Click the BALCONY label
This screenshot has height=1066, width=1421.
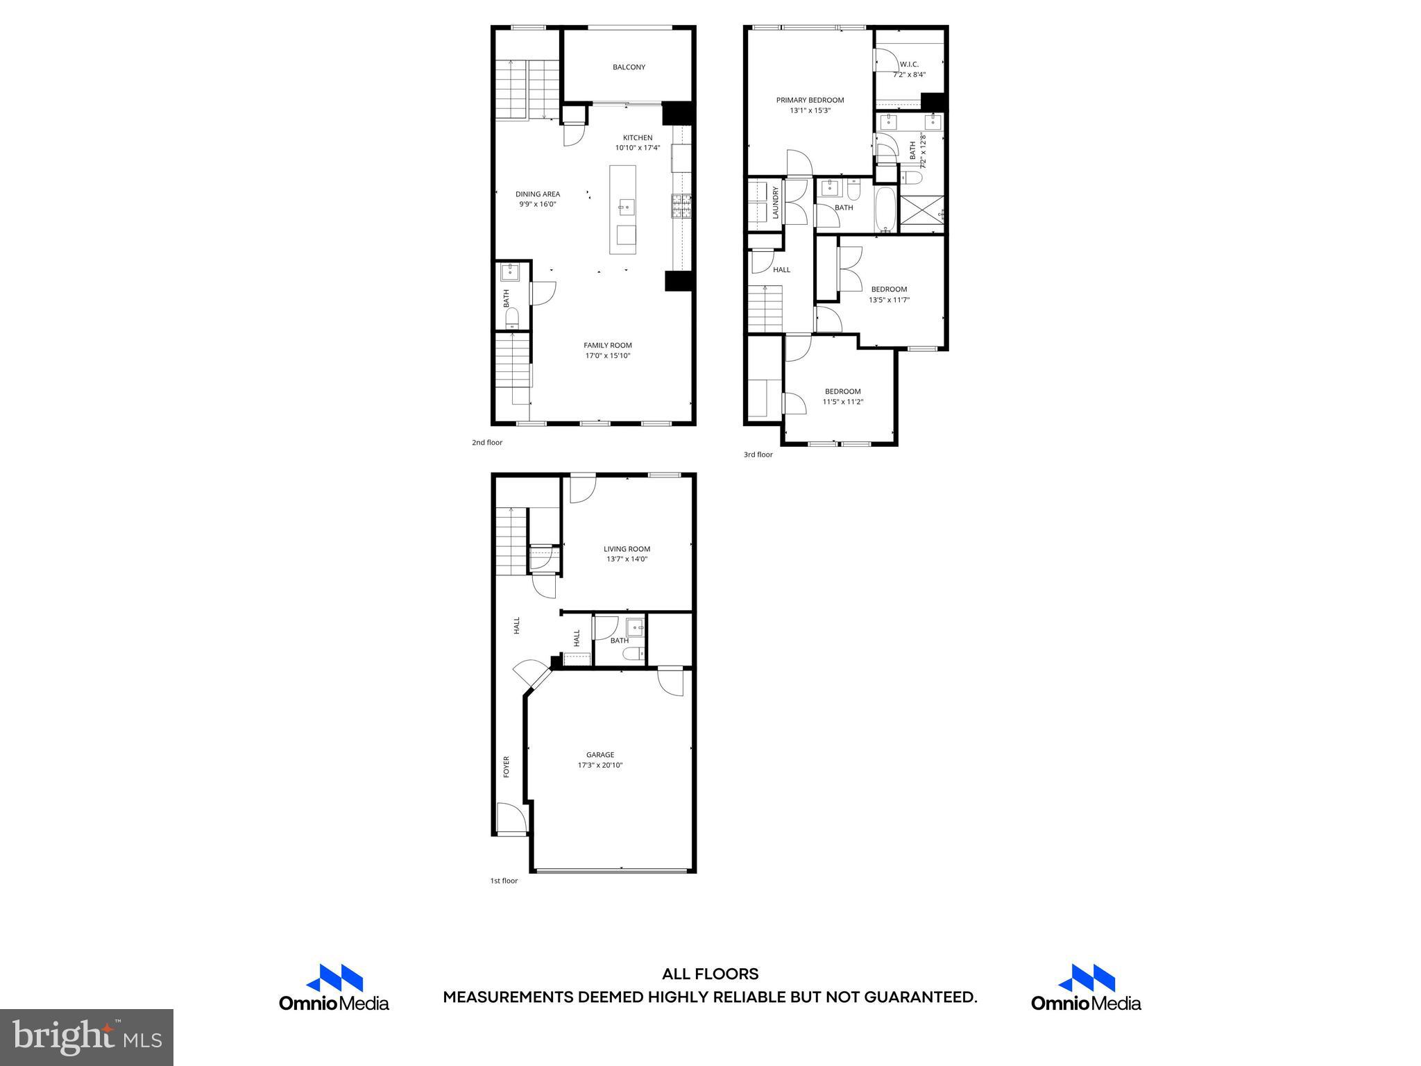(629, 67)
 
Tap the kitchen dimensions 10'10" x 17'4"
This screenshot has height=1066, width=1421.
(637, 148)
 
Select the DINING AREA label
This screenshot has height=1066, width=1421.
(537, 194)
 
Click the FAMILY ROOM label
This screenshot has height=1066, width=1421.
(607, 346)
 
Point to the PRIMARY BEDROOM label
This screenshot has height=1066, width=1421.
(810, 100)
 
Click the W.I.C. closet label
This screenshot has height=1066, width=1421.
(909, 65)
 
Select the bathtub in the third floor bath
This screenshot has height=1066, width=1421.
(885, 210)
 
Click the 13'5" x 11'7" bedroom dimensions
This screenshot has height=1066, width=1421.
(889, 301)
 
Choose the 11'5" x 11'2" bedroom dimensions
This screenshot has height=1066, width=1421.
(842, 402)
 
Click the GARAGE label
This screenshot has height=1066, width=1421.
(600, 755)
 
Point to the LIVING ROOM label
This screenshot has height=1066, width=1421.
(627, 549)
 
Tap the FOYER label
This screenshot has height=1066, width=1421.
(507, 766)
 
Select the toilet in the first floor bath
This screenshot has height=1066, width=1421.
(633, 654)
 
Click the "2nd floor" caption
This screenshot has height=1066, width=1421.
(487, 443)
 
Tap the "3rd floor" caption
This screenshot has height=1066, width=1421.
(758, 455)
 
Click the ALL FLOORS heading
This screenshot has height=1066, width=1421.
(710, 974)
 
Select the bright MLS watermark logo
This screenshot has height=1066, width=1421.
(87, 1038)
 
